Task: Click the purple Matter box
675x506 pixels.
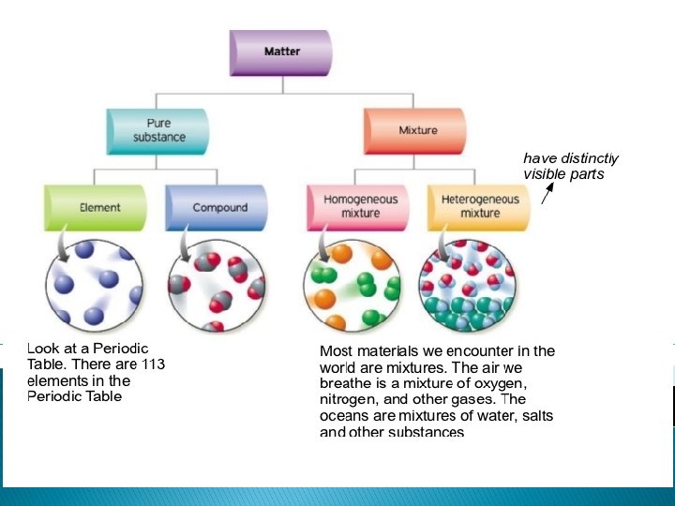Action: click(x=281, y=52)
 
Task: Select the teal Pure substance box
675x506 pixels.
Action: click(x=158, y=131)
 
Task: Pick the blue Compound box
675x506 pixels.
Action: click(x=217, y=208)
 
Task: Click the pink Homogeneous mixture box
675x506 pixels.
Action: click(x=359, y=207)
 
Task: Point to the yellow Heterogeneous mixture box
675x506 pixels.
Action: click(x=479, y=207)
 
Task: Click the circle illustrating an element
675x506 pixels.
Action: click(x=95, y=283)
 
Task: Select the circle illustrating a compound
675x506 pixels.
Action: click(x=217, y=284)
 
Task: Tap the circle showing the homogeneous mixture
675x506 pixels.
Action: click(x=352, y=284)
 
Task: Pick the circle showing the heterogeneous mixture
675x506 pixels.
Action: click(x=469, y=284)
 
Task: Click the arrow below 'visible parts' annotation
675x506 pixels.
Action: click(x=547, y=191)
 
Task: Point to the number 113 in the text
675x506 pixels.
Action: click(x=153, y=365)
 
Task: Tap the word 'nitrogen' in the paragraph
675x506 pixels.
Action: click(x=349, y=399)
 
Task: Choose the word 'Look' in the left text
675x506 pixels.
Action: click(x=43, y=349)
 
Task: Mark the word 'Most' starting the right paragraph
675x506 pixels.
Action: click(x=336, y=351)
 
